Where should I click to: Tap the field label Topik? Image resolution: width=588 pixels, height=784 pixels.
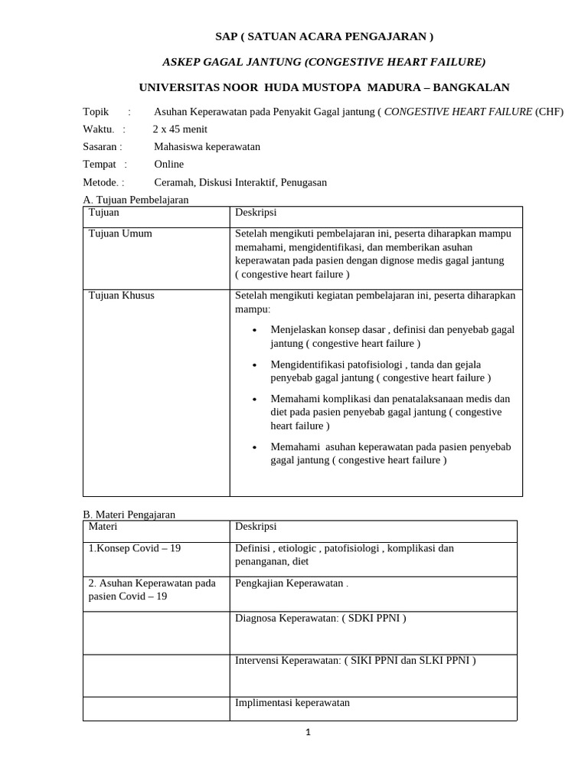(x=96, y=112)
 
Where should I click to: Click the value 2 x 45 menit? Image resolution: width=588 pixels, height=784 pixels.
(x=180, y=129)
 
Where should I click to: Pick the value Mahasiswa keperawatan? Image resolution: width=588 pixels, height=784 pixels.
(x=207, y=147)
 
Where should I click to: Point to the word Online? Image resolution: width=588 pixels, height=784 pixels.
(x=169, y=165)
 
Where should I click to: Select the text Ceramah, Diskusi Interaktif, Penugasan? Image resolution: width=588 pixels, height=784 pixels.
(x=240, y=182)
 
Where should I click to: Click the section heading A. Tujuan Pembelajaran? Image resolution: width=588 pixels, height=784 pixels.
(x=135, y=200)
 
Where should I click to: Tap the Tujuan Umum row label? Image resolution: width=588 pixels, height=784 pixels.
(x=120, y=234)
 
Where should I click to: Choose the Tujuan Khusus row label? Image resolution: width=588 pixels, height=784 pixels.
(x=122, y=296)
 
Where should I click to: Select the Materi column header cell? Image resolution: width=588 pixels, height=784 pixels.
(x=104, y=527)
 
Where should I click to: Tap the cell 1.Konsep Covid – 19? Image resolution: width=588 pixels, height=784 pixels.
(x=135, y=549)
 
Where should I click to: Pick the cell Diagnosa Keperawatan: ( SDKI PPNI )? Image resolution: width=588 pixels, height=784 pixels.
(x=320, y=618)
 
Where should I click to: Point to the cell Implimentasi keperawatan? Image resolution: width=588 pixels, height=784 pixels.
(x=292, y=702)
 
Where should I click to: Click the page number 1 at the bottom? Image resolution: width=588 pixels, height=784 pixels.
(x=308, y=732)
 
